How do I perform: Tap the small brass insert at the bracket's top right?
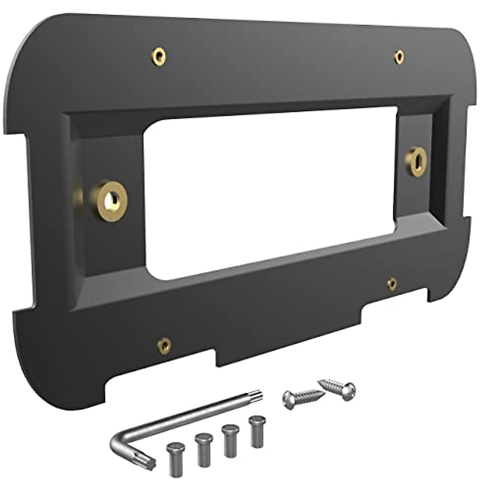[399, 57]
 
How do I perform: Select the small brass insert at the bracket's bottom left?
[164, 346]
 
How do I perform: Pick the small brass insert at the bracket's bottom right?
[392, 283]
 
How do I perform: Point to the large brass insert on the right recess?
[416, 161]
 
